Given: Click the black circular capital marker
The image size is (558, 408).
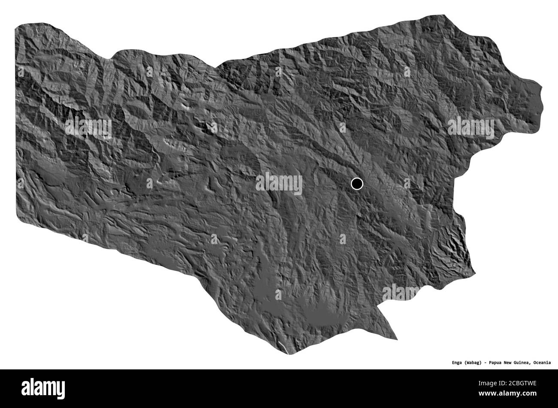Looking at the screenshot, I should [356, 184].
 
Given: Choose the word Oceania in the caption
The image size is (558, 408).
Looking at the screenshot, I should [543, 363].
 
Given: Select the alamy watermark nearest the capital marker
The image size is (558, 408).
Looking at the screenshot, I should [279, 184].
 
